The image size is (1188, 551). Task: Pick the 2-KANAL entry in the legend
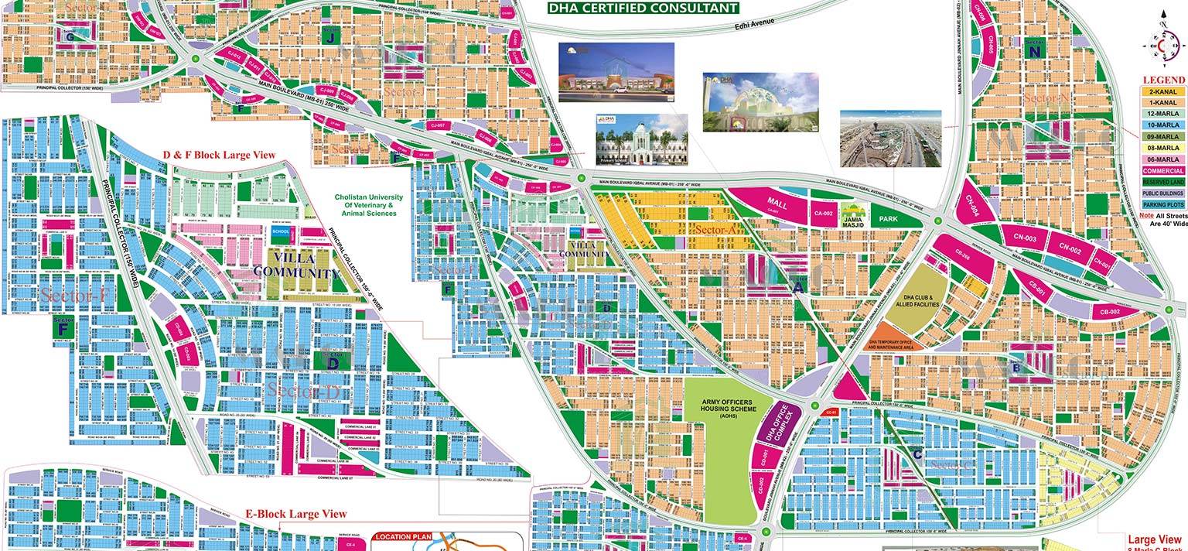tap(1163, 91)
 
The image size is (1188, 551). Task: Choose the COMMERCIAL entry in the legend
tap(1163, 170)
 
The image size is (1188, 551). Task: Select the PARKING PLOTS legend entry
tap(1163, 204)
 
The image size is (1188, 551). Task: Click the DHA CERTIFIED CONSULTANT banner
tap(642, 9)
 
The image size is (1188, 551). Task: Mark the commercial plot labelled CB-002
tap(1111, 311)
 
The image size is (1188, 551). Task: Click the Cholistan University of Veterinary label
tap(365, 205)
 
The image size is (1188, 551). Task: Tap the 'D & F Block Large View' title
tap(219, 155)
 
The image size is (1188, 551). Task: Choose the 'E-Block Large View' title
tap(296, 514)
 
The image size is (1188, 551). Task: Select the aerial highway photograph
tap(891, 138)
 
